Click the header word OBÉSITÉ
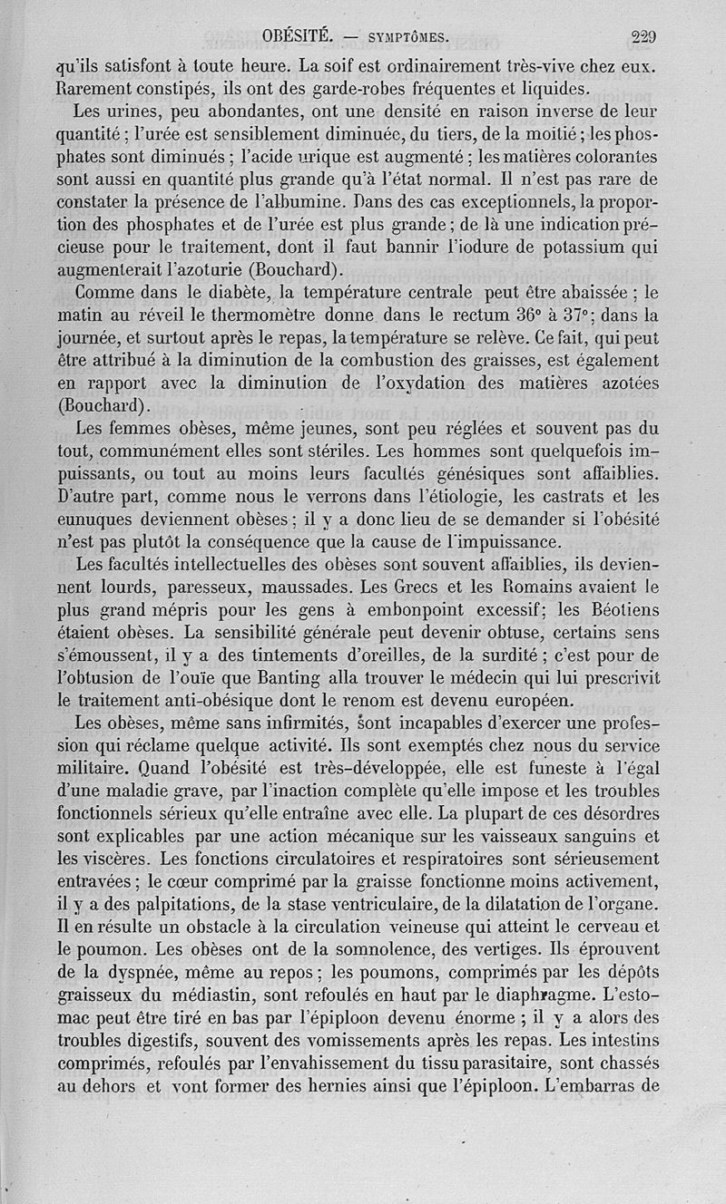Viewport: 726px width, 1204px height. (299, 37)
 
